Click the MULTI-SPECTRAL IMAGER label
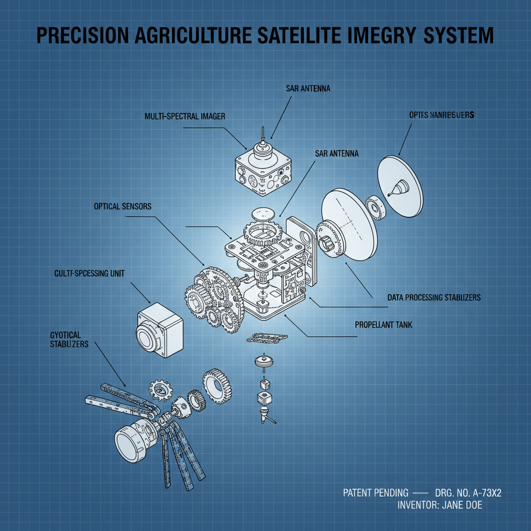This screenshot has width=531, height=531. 185,117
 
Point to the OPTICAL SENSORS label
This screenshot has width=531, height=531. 123,206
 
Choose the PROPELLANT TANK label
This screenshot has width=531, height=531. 383,325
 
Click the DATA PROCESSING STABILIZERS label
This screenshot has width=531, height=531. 434,298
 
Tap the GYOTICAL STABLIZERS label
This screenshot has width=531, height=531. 69,340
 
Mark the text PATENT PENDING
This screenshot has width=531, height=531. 375,493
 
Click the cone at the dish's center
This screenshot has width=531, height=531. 398,187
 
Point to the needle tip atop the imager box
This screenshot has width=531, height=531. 263,128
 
